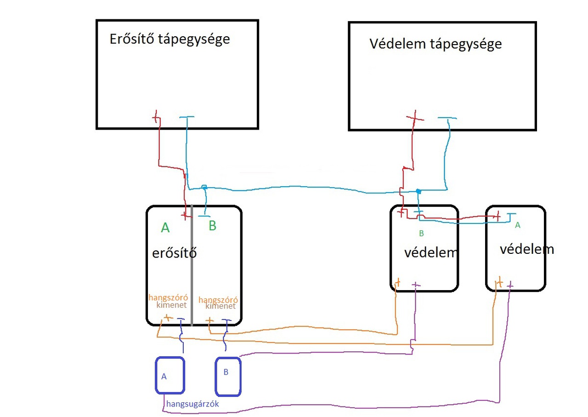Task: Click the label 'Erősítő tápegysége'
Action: click(x=170, y=40)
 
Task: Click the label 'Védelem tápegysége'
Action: click(x=436, y=44)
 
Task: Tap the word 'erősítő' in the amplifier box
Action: click(x=174, y=253)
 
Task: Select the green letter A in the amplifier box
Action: click(x=165, y=228)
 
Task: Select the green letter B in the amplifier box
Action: click(x=212, y=225)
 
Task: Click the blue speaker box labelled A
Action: click(x=170, y=375)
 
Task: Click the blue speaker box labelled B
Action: click(x=228, y=377)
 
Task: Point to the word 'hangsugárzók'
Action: click(x=192, y=404)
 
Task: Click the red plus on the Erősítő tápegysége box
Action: click(x=156, y=117)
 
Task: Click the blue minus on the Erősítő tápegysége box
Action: click(x=187, y=117)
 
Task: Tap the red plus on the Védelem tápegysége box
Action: click(x=415, y=118)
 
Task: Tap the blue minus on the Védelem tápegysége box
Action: click(x=447, y=118)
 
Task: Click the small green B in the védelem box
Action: click(x=421, y=233)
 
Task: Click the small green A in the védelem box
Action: click(x=517, y=225)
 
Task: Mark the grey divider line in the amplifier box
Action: click(x=192, y=265)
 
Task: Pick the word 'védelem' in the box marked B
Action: click(x=430, y=253)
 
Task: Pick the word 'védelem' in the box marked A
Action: click(x=527, y=249)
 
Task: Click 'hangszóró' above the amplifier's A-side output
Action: click(x=168, y=297)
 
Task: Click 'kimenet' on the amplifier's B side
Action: click(x=220, y=306)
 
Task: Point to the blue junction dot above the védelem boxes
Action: click(x=418, y=191)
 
